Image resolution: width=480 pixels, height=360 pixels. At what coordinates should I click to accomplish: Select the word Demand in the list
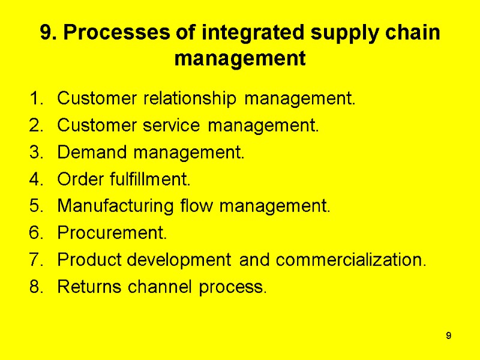(93, 153)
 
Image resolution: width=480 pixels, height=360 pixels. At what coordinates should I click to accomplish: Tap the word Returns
(90, 287)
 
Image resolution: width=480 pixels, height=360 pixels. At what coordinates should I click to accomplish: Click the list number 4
(35, 179)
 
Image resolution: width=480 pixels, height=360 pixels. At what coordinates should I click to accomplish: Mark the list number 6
(35, 233)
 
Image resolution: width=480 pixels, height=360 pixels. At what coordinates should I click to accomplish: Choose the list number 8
(35, 287)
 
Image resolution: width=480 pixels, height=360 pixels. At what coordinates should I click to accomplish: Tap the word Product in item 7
(86, 260)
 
